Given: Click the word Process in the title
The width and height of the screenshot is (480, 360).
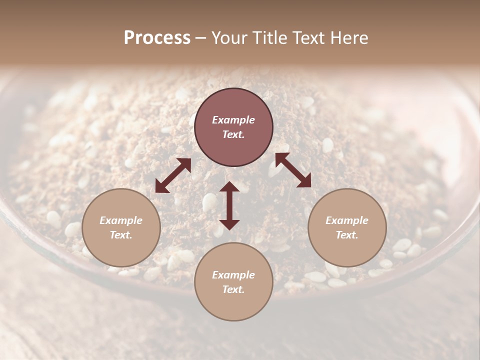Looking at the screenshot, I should pyautogui.click(x=157, y=38).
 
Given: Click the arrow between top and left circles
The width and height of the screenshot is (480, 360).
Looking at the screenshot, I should pyautogui.click(x=173, y=175).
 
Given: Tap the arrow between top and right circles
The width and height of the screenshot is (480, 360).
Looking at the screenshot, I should pyautogui.click(x=293, y=170).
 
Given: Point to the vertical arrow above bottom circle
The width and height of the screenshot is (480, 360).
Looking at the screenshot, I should pyautogui.click(x=229, y=205).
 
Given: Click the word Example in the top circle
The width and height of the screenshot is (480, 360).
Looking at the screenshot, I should pyautogui.click(x=233, y=120).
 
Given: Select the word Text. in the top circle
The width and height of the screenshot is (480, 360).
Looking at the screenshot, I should pyautogui.click(x=233, y=134).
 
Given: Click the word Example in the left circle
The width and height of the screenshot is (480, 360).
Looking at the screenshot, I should pyautogui.click(x=121, y=220).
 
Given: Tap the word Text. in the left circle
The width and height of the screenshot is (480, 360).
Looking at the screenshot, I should pyautogui.click(x=121, y=235).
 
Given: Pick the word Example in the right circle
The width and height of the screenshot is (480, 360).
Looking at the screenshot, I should pyautogui.click(x=347, y=220).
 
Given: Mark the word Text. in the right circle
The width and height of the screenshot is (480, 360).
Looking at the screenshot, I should pyautogui.click(x=347, y=235).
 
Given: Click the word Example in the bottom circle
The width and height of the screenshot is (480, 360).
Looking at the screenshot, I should pyautogui.click(x=233, y=275).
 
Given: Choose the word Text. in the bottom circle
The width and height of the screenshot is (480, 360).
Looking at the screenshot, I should pyautogui.click(x=233, y=289).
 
